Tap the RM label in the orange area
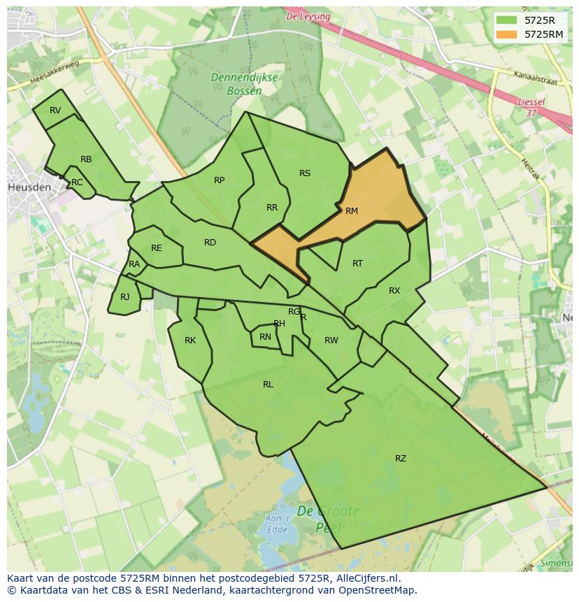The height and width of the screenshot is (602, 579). (352, 211)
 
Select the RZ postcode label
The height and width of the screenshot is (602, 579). (401, 459)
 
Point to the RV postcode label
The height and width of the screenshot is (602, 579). (55, 110)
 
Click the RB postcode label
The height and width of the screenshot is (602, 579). (86, 159)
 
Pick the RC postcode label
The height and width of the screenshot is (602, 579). (77, 182)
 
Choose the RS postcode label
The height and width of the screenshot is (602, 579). (305, 173)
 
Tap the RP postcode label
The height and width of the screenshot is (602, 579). (220, 180)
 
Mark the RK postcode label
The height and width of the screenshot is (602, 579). (190, 341)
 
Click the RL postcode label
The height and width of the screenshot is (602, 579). (268, 385)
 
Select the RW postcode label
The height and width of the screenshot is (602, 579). (331, 341)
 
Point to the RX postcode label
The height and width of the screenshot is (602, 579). (394, 291)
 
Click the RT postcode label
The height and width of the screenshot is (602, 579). (357, 264)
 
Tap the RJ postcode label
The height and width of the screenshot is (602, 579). (124, 297)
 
